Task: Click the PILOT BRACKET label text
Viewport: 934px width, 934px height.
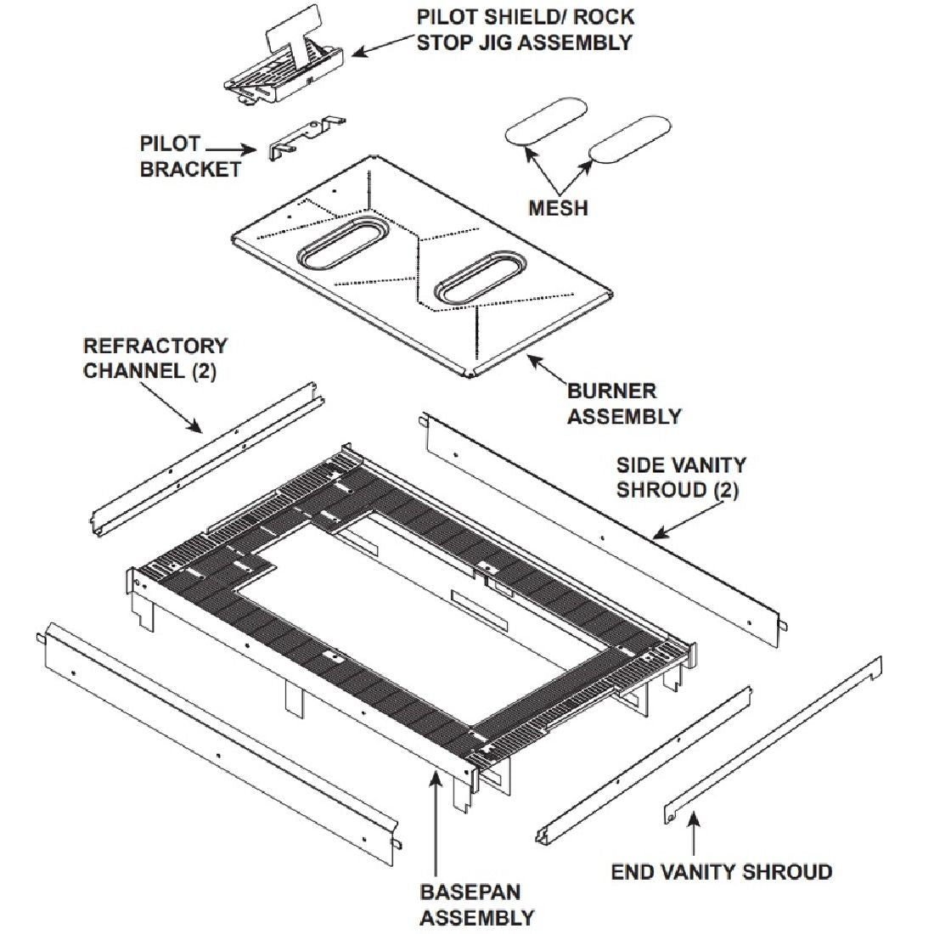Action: click(x=188, y=156)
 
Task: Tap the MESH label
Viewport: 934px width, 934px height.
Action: click(x=557, y=207)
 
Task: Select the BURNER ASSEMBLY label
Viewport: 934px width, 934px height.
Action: click(x=623, y=403)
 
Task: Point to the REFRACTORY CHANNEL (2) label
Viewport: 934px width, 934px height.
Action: click(x=155, y=358)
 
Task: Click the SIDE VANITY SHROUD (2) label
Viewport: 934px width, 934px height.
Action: click(x=681, y=477)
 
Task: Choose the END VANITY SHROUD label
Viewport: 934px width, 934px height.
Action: click(x=721, y=872)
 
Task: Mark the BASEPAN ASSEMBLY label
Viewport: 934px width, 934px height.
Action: click(x=476, y=904)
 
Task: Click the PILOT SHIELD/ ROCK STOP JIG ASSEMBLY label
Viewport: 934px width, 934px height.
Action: click(x=525, y=30)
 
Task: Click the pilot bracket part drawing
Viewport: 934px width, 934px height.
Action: click(x=306, y=137)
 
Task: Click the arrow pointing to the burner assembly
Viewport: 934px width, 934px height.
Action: click(x=549, y=369)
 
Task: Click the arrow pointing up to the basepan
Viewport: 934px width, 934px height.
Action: click(x=436, y=815)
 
